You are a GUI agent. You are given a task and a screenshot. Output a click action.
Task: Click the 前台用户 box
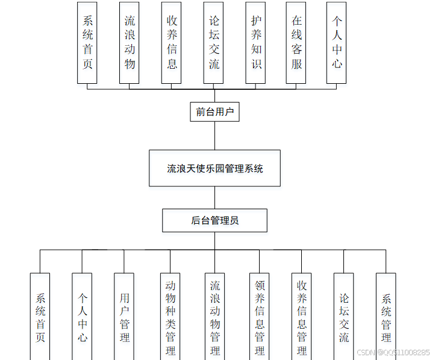[x=214, y=112]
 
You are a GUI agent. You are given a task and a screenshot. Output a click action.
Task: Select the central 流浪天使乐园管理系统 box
[x=214, y=168]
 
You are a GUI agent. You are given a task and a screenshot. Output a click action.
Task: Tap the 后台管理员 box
[x=214, y=220]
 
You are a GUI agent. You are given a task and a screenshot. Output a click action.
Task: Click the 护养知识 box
[x=256, y=42]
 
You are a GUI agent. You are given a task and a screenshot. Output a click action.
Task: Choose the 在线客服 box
[x=296, y=42]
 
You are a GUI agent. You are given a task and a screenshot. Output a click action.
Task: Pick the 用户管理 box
[x=124, y=317]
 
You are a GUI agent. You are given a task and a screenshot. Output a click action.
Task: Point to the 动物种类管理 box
[x=170, y=317]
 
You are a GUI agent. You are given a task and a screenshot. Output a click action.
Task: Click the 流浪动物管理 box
[x=215, y=317]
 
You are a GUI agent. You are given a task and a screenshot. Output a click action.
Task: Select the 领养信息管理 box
[x=260, y=317]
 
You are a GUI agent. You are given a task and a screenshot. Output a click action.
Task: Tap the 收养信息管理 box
[x=302, y=317]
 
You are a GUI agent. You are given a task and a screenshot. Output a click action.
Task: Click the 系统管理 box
[x=386, y=317]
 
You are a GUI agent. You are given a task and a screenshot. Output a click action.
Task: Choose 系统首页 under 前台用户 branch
[x=87, y=42]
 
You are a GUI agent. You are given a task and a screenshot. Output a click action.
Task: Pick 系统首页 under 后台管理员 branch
[x=40, y=317]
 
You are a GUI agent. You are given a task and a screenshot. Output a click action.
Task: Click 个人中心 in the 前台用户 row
[x=337, y=42]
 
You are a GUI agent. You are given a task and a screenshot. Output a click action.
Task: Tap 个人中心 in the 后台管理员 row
[x=83, y=317]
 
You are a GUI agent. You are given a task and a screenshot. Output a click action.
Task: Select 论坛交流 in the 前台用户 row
[x=214, y=42]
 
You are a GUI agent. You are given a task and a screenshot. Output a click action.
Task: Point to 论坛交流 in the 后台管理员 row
[x=344, y=317]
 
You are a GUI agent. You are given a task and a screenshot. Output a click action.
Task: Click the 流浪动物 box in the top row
[x=130, y=42]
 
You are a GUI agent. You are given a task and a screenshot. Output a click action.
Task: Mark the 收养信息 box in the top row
[x=172, y=42]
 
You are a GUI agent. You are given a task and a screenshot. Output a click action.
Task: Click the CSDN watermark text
[x=393, y=352]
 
